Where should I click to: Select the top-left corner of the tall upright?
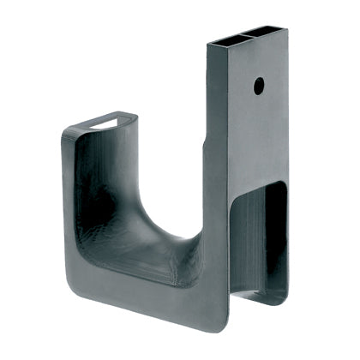coord(207,44)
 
